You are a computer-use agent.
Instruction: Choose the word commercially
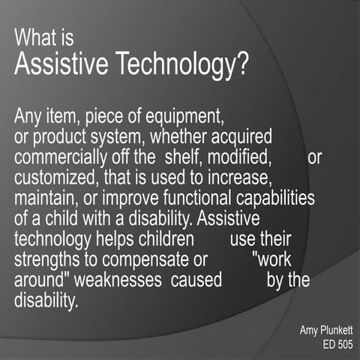point(64,157)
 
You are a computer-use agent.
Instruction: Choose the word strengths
point(46,260)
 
